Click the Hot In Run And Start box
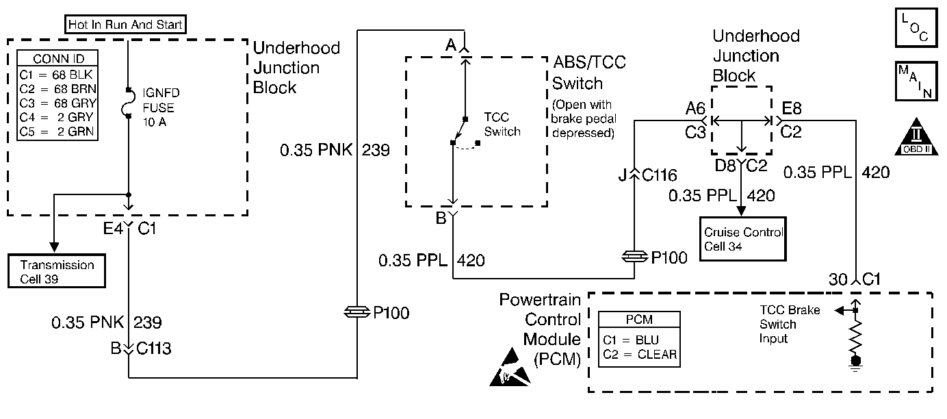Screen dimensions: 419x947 tap(127, 25)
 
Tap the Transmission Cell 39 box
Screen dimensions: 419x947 tap(57, 270)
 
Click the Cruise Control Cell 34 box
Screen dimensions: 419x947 tap(743, 238)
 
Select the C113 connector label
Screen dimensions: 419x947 tap(153, 349)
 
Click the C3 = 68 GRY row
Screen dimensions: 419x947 tap(57, 102)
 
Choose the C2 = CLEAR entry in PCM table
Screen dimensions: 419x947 tap(640, 354)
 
